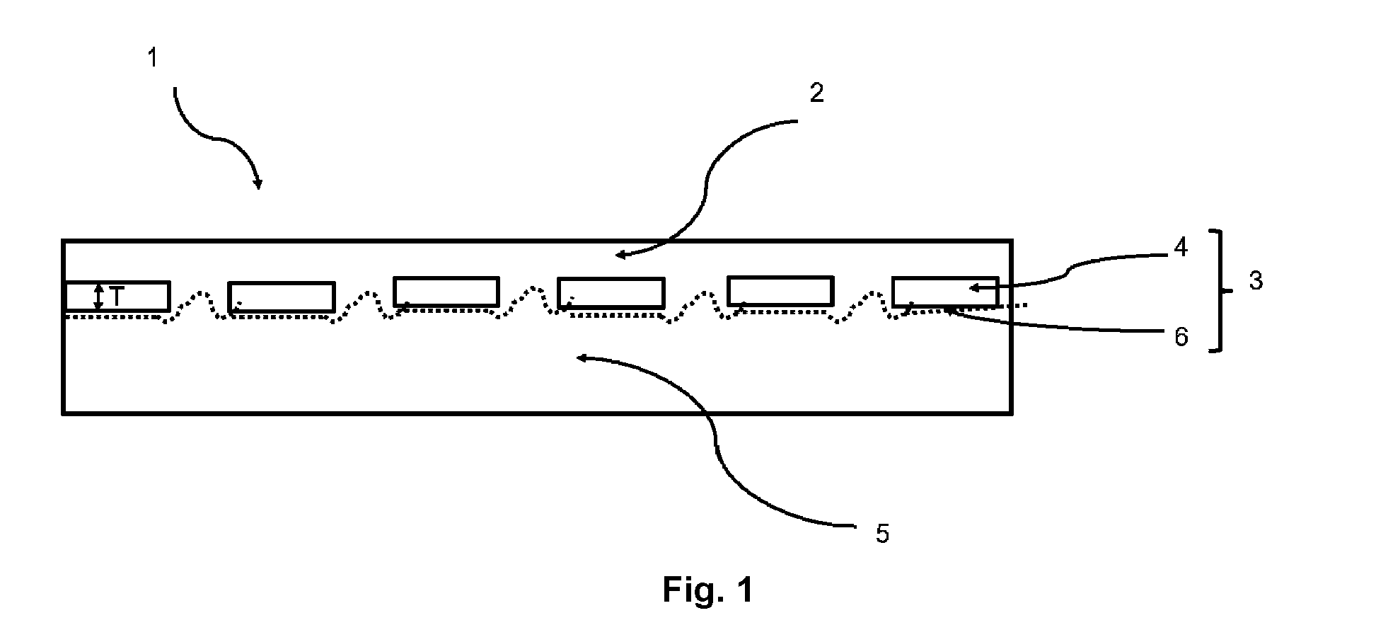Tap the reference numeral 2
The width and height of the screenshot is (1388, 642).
point(817,93)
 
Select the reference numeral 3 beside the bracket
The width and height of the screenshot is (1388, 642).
point(1256,281)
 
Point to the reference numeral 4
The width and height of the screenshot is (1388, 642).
point(1181,247)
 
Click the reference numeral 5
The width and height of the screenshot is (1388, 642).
point(882,534)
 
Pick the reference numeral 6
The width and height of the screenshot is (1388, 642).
point(1181,337)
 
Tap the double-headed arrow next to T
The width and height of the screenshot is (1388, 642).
point(99,297)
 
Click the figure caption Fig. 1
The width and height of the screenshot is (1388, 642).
point(707,589)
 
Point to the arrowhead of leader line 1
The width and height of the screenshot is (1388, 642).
point(258,184)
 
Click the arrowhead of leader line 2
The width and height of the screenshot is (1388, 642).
point(620,254)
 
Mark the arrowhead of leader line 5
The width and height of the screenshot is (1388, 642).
point(582,358)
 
